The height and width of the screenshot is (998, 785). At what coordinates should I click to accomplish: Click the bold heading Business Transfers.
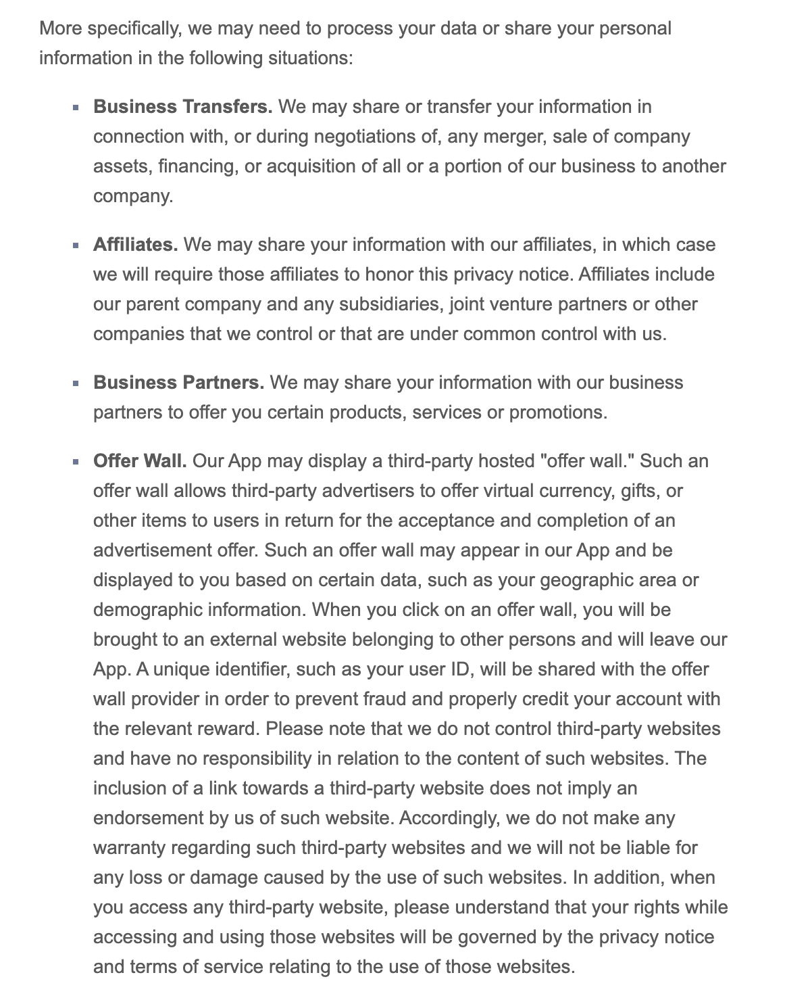[x=182, y=107]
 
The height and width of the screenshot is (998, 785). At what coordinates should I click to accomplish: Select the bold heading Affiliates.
[x=135, y=245]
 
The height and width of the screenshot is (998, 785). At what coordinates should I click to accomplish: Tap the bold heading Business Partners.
[x=178, y=383]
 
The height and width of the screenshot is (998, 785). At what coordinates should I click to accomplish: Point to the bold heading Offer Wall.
[x=140, y=461]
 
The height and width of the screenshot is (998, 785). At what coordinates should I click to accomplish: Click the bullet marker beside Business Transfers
[x=76, y=108]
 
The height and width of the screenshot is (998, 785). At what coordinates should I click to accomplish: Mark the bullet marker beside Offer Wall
[x=76, y=462]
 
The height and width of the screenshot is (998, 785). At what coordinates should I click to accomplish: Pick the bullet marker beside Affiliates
[x=76, y=245]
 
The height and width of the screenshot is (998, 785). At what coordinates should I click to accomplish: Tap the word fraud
[x=386, y=699]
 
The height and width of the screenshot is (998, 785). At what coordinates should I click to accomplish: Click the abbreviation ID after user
[x=457, y=669]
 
